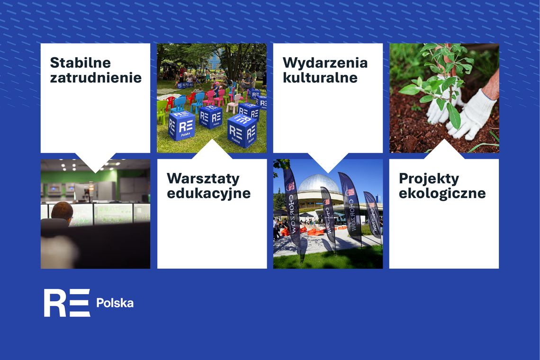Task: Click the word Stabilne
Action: coord(80,63)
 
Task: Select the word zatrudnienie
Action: coord(96,77)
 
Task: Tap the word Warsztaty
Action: coord(203,179)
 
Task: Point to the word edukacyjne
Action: coord(208,193)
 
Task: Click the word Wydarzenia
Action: coord(325,63)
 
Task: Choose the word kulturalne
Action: coord(320,77)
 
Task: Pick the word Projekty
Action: coord(429,179)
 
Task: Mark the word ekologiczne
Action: coord(442,193)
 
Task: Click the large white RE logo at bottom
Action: coord(67,303)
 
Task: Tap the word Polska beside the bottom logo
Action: coord(115,303)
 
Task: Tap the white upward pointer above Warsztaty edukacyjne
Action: coord(212,150)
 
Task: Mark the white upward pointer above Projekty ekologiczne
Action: coord(444,150)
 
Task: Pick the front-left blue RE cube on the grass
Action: coord(181,126)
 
